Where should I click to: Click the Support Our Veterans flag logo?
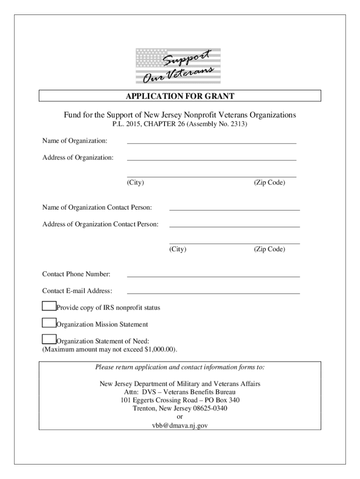(178, 66)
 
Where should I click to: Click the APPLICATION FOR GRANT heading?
(180, 96)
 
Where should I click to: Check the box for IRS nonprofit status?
(49, 306)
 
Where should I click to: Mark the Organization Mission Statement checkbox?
(49, 323)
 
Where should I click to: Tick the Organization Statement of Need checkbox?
(49, 340)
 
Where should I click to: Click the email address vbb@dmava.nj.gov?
(180, 426)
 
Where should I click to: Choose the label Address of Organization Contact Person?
(101, 225)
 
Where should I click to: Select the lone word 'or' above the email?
(180, 417)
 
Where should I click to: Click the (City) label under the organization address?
(135, 182)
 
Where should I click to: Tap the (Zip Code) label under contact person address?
(269, 249)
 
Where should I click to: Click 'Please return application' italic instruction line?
(180, 367)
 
